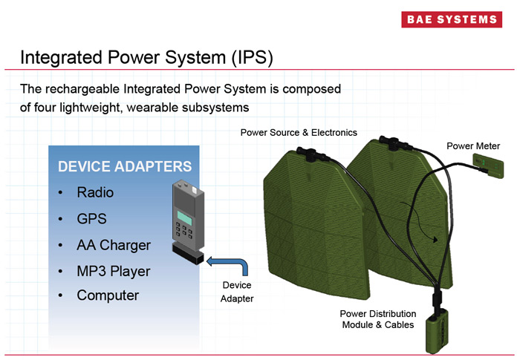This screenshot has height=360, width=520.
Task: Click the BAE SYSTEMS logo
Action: (452, 20)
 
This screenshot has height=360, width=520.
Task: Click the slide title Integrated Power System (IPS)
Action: (146, 57)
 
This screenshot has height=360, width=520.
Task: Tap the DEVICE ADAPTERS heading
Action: (125, 167)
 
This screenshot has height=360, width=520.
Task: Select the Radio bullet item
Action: (95, 192)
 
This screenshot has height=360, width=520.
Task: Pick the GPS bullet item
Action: (91, 219)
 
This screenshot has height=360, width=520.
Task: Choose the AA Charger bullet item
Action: (113, 245)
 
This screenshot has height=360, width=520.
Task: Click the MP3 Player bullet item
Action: (113, 271)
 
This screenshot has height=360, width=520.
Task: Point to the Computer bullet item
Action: (108, 295)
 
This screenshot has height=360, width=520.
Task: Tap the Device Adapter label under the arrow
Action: (237, 292)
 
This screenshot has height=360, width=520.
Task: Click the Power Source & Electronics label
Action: (299, 133)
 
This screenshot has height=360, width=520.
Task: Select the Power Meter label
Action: (473, 146)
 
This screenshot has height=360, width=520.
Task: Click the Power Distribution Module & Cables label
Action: (378, 319)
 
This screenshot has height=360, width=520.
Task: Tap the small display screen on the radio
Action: (183, 217)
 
